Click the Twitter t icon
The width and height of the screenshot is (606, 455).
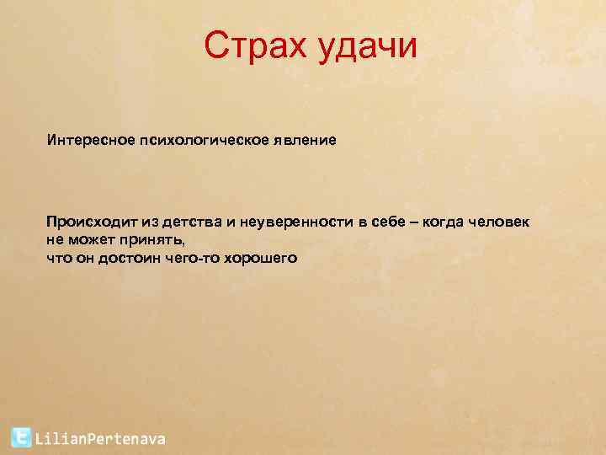22,437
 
